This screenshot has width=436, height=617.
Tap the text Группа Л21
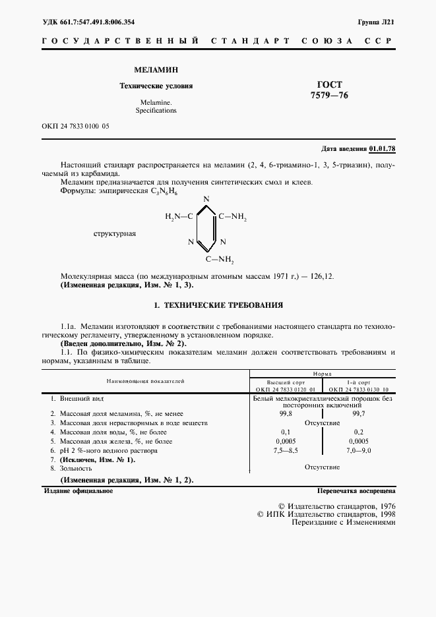377,22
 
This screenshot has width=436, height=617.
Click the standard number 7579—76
328,96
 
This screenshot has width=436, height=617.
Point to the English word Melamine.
156,103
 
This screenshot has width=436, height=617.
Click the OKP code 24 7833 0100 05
75,125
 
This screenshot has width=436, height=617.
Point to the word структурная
115,233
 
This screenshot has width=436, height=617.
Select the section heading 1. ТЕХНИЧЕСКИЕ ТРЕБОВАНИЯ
218,305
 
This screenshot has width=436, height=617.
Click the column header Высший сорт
286,382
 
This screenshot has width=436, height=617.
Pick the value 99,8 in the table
286,413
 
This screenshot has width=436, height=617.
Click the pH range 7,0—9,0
359,451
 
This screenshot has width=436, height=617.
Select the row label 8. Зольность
77,467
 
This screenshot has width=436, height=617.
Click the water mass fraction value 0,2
359,432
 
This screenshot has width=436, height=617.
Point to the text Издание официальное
78,491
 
